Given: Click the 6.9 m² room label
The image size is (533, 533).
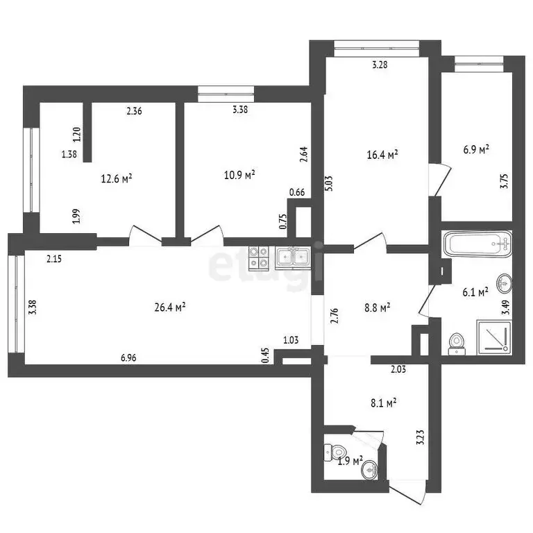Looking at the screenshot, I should [476, 149].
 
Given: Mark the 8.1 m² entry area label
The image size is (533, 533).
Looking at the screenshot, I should [382, 401].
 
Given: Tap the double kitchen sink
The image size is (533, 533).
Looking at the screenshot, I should [294, 258].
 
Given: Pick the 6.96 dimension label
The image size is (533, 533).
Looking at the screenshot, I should [128, 358].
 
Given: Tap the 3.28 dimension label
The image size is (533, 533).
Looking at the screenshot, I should [380, 65].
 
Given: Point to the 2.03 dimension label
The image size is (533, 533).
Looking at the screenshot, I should [398, 369].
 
